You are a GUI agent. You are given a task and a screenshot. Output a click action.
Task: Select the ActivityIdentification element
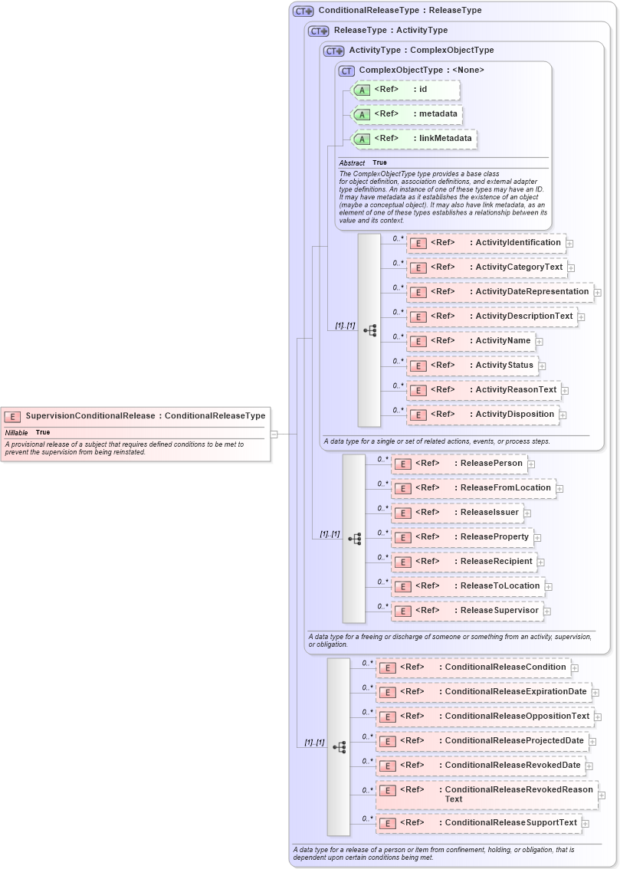click(486, 243)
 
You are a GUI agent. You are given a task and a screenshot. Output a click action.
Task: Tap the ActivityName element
click(471, 341)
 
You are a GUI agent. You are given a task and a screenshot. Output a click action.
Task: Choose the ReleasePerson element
click(459, 464)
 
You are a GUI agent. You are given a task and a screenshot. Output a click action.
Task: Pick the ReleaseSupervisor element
click(467, 611)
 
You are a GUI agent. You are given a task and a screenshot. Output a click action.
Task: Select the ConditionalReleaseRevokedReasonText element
click(486, 794)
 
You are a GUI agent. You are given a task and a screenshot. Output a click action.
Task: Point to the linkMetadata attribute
click(413, 139)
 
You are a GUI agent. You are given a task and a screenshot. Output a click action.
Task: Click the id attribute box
click(405, 90)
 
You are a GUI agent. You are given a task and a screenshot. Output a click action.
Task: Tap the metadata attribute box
click(407, 114)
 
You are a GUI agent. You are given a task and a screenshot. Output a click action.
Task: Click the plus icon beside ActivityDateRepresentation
click(598, 293)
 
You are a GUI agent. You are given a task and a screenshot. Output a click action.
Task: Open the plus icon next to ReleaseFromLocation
click(559, 489)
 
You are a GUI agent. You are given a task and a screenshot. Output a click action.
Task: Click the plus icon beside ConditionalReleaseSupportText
click(586, 824)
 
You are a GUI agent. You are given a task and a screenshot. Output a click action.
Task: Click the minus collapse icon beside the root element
click(274, 434)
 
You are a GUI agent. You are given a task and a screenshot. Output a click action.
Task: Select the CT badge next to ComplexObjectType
click(346, 71)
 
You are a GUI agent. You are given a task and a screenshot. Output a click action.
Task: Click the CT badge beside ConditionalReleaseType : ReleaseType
click(303, 11)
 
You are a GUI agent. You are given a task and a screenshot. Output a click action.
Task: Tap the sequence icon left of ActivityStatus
click(369, 330)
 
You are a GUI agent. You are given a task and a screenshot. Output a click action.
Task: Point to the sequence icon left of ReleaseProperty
click(354, 539)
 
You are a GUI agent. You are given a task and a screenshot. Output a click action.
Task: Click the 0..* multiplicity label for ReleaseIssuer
click(383, 508)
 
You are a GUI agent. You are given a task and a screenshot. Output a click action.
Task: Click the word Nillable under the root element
click(16, 432)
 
